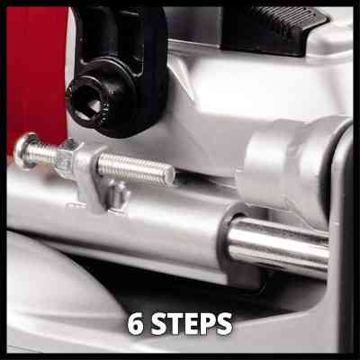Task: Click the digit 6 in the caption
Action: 136,324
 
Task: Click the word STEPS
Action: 192,324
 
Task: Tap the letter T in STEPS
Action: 175,324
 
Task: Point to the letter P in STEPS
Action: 206,324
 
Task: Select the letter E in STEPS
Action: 191,324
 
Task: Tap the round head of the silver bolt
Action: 23,149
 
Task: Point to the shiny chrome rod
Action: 277,245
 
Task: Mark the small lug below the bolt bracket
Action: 119,198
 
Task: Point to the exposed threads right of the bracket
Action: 137,168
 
